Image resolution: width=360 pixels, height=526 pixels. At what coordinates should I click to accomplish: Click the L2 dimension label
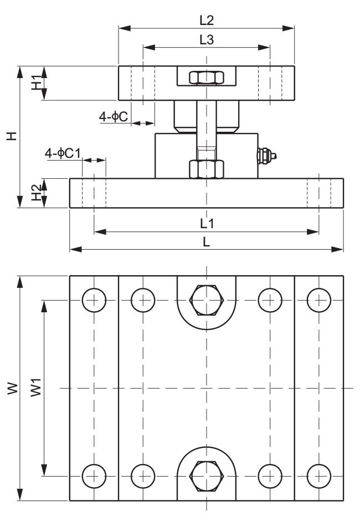[x=206, y=20]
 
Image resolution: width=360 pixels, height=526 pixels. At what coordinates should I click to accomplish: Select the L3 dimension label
[x=206, y=40]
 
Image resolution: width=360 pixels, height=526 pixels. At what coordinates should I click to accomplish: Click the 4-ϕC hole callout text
[x=114, y=116]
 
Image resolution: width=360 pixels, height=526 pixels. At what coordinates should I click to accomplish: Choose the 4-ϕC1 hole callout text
[x=63, y=153]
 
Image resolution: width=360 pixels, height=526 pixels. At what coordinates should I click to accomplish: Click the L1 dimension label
[x=207, y=223]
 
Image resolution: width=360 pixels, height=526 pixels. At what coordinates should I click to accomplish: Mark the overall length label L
[x=206, y=242]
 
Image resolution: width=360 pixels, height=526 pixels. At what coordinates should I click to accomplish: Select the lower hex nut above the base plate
[x=206, y=168]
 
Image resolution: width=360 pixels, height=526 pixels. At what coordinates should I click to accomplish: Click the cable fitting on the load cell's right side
[x=267, y=156]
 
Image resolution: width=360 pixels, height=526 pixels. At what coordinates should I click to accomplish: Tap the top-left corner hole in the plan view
[x=94, y=300]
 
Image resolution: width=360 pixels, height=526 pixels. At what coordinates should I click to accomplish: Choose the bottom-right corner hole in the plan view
[x=318, y=475]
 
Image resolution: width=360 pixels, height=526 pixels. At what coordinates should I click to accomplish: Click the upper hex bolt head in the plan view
[x=206, y=300]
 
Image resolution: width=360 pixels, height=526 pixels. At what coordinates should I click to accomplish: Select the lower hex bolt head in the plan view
[x=206, y=475]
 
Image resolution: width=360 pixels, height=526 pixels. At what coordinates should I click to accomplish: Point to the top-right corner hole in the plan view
[x=318, y=300]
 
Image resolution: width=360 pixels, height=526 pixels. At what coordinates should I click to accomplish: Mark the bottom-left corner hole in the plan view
[x=94, y=475]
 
